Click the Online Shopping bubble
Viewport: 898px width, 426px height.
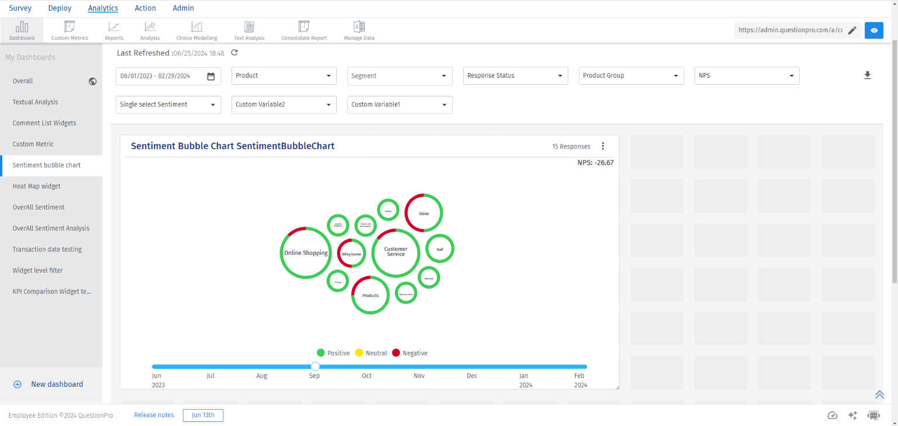coord(306,253)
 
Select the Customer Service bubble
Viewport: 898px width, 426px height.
coord(396,252)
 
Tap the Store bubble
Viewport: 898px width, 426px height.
coord(424,213)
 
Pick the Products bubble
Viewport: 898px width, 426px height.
coord(371,295)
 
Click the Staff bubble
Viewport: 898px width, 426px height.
coord(440,250)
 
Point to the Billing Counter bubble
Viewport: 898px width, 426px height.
coord(352,254)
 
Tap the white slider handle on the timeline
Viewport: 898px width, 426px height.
coord(315,366)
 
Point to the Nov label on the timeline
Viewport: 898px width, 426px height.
coord(419,376)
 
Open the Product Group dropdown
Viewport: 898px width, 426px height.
coord(631,76)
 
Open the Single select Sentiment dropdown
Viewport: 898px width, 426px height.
coord(168,105)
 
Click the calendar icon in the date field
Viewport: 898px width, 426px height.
coord(211,76)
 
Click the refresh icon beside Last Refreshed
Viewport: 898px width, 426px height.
coord(234,53)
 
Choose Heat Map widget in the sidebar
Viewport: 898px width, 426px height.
coord(36,186)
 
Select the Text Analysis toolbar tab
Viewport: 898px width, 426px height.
coord(249,30)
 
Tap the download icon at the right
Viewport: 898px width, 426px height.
coord(868,75)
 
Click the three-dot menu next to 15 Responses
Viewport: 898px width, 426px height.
coord(603,146)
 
